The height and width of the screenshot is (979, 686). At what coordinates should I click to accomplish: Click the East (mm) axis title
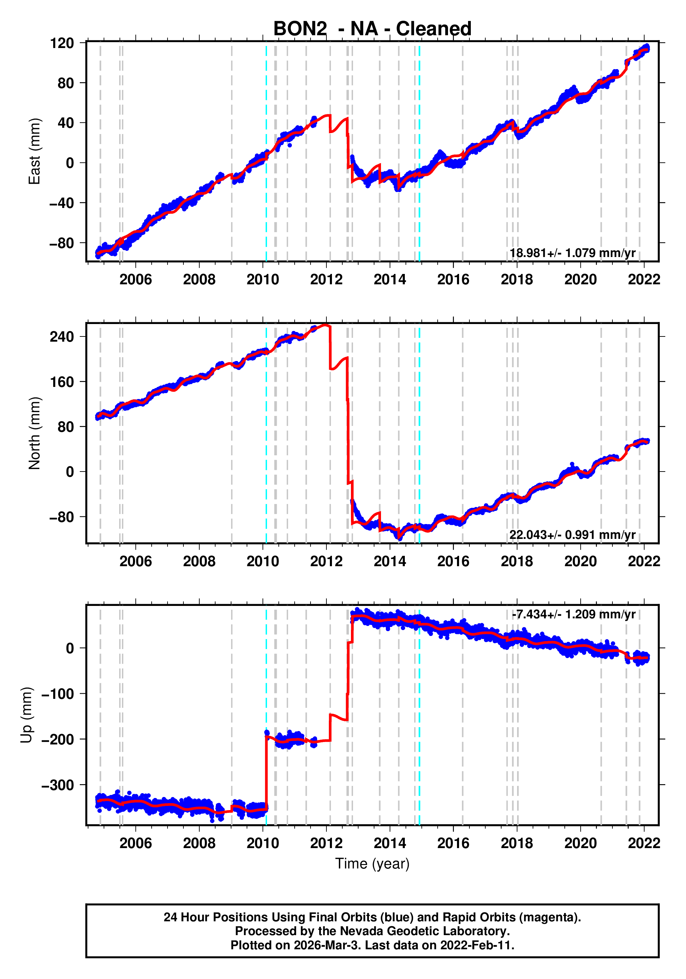click(x=34, y=151)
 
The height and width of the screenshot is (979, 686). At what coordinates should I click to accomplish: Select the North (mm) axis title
click(x=34, y=433)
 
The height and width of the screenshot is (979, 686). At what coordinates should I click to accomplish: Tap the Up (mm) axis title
click(x=27, y=715)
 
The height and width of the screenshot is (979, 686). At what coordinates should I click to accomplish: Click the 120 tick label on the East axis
click(x=62, y=43)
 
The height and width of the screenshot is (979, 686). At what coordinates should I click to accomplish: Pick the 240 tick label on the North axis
click(x=62, y=337)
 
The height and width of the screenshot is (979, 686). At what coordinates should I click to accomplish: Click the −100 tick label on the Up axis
click(x=58, y=694)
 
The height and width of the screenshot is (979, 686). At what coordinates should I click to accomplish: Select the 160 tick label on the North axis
click(x=62, y=382)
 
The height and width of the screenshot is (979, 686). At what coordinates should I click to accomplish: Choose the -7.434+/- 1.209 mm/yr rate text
click(x=573, y=615)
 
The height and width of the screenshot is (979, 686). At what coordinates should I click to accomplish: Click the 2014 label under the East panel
click(x=390, y=280)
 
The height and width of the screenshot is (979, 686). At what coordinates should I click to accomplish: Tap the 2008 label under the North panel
click(x=199, y=562)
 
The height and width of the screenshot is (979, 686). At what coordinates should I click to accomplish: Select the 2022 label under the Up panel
click(x=644, y=843)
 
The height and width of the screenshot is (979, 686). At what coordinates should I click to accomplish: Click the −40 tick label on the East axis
click(x=62, y=203)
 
